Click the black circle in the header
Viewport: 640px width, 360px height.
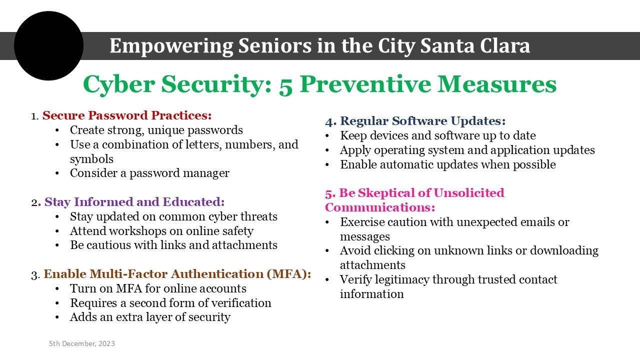click(48, 45)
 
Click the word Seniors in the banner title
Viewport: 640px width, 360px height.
click(275, 45)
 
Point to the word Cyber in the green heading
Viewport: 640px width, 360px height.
click(119, 85)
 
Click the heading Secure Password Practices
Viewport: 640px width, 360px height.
click(127, 115)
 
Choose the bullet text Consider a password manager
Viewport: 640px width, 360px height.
click(149, 173)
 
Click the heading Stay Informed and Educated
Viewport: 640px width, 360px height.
click(134, 202)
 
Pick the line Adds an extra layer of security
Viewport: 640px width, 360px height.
click(150, 317)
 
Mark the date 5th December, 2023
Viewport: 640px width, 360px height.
click(82, 343)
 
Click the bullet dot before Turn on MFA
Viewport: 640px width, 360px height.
click(57, 289)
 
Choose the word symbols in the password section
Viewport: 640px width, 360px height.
click(91, 159)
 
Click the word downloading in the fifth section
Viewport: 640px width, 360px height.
click(564, 251)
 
